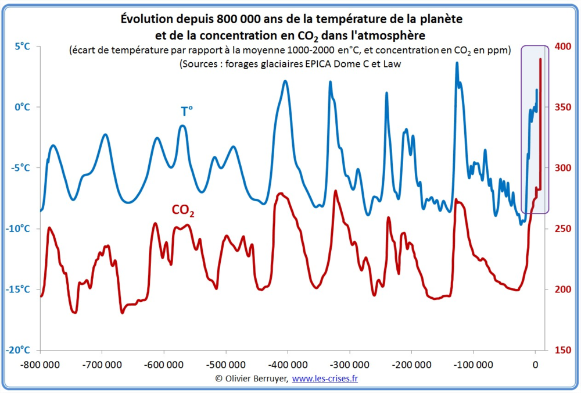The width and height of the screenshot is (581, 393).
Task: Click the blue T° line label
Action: (187, 111)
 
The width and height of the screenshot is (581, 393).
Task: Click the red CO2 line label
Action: (182, 210)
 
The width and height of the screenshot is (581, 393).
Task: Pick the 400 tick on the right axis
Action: (564, 47)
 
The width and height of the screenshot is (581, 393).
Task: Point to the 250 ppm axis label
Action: (564, 228)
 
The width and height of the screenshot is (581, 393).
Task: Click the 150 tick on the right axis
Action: (564, 350)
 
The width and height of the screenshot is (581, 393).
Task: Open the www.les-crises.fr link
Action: (324, 378)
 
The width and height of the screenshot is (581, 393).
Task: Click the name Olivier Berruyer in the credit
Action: (256, 378)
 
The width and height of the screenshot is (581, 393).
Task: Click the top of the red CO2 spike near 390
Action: (541, 59)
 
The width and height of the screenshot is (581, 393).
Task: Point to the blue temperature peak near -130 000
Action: (457, 63)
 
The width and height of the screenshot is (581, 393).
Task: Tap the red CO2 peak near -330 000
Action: (335, 191)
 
